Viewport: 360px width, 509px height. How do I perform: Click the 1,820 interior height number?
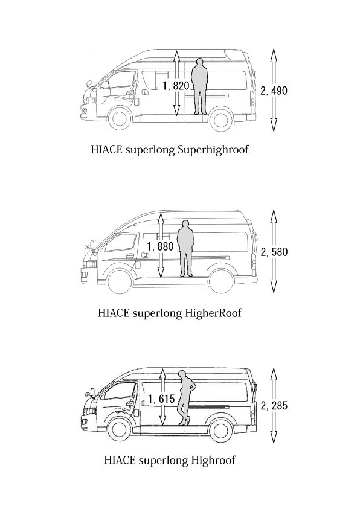[x=176, y=86]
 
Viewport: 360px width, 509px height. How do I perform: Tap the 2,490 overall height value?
[x=274, y=91]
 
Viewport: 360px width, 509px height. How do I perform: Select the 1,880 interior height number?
[x=160, y=246]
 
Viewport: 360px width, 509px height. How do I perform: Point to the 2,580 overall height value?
[x=274, y=252]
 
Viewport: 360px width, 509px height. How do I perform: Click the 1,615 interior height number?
[x=162, y=399]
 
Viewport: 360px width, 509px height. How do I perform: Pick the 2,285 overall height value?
[x=274, y=405]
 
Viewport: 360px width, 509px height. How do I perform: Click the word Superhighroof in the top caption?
[x=214, y=150]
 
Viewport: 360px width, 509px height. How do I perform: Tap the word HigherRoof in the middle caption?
[x=213, y=313]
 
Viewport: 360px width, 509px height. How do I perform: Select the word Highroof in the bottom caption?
[x=213, y=460]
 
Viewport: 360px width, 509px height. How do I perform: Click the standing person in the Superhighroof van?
[x=199, y=86]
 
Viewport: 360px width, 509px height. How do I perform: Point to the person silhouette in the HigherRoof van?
[x=185, y=248]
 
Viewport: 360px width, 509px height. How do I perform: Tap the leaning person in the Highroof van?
[x=185, y=398]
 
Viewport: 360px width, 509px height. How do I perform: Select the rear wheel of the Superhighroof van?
[x=222, y=120]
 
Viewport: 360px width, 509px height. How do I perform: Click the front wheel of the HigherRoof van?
[x=120, y=281]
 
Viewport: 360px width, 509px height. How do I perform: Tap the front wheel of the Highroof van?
[x=120, y=430]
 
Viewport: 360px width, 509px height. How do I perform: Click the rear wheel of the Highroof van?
[x=222, y=430]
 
